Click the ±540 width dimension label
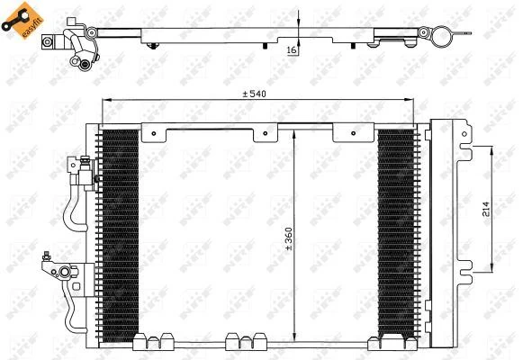tap(257, 94)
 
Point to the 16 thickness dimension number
tap(292, 50)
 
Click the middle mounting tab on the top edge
tap(266, 133)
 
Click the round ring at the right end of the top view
tap(441, 37)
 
